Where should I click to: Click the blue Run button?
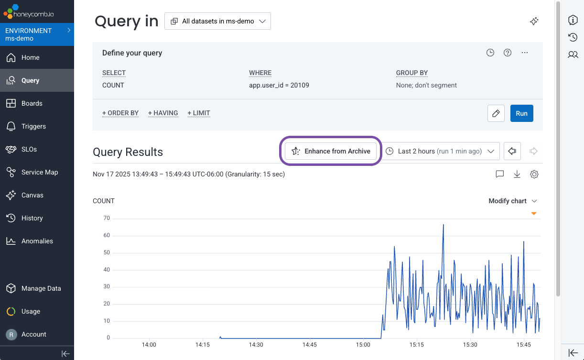coord(521,113)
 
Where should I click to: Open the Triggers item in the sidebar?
coord(33,126)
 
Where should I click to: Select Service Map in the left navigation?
coord(39,172)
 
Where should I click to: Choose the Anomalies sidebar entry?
coord(37,241)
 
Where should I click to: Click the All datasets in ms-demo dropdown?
coord(217,21)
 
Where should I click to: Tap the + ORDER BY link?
coord(120,113)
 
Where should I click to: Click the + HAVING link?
coord(163,113)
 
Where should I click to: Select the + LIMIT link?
coord(199,113)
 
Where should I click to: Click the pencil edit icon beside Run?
coord(496,113)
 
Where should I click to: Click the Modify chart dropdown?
coord(512,201)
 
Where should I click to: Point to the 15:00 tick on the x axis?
coord(363,344)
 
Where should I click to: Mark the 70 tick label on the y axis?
coord(106,218)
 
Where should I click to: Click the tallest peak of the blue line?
coord(443,224)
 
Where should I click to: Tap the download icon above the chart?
coord(517,175)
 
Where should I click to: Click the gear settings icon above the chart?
coord(534,175)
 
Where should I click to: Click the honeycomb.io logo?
coord(29,11)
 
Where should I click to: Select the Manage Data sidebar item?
coord(41,288)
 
